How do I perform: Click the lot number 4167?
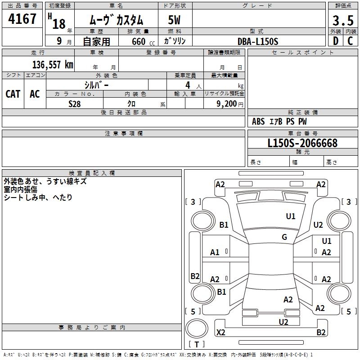click(x=22, y=18)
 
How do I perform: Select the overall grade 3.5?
click(x=343, y=20)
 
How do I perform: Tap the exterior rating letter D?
click(x=336, y=41)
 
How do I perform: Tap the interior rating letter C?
click(x=350, y=41)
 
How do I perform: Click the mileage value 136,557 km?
click(x=53, y=64)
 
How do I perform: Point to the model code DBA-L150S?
click(x=258, y=41)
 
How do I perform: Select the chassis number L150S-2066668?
click(x=302, y=143)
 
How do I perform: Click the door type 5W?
click(x=174, y=20)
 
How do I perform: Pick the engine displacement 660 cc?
click(x=143, y=41)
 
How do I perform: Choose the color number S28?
click(x=75, y=104)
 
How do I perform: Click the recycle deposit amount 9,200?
click(x=226, y=104)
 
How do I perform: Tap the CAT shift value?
click(x=13, y=94)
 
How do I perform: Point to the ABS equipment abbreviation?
click(x=258, y=121)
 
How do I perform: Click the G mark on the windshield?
click(x=284, y=237)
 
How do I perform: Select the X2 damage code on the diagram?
click(x=220, y=332)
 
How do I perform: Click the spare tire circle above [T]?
click(x=197, y=328)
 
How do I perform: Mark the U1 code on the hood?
click(x=290, y=216)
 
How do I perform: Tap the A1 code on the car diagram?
click(x=215, y=252)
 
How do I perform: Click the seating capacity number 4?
click(x=188, y=85)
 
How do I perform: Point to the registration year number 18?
click(x=59, y=24)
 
